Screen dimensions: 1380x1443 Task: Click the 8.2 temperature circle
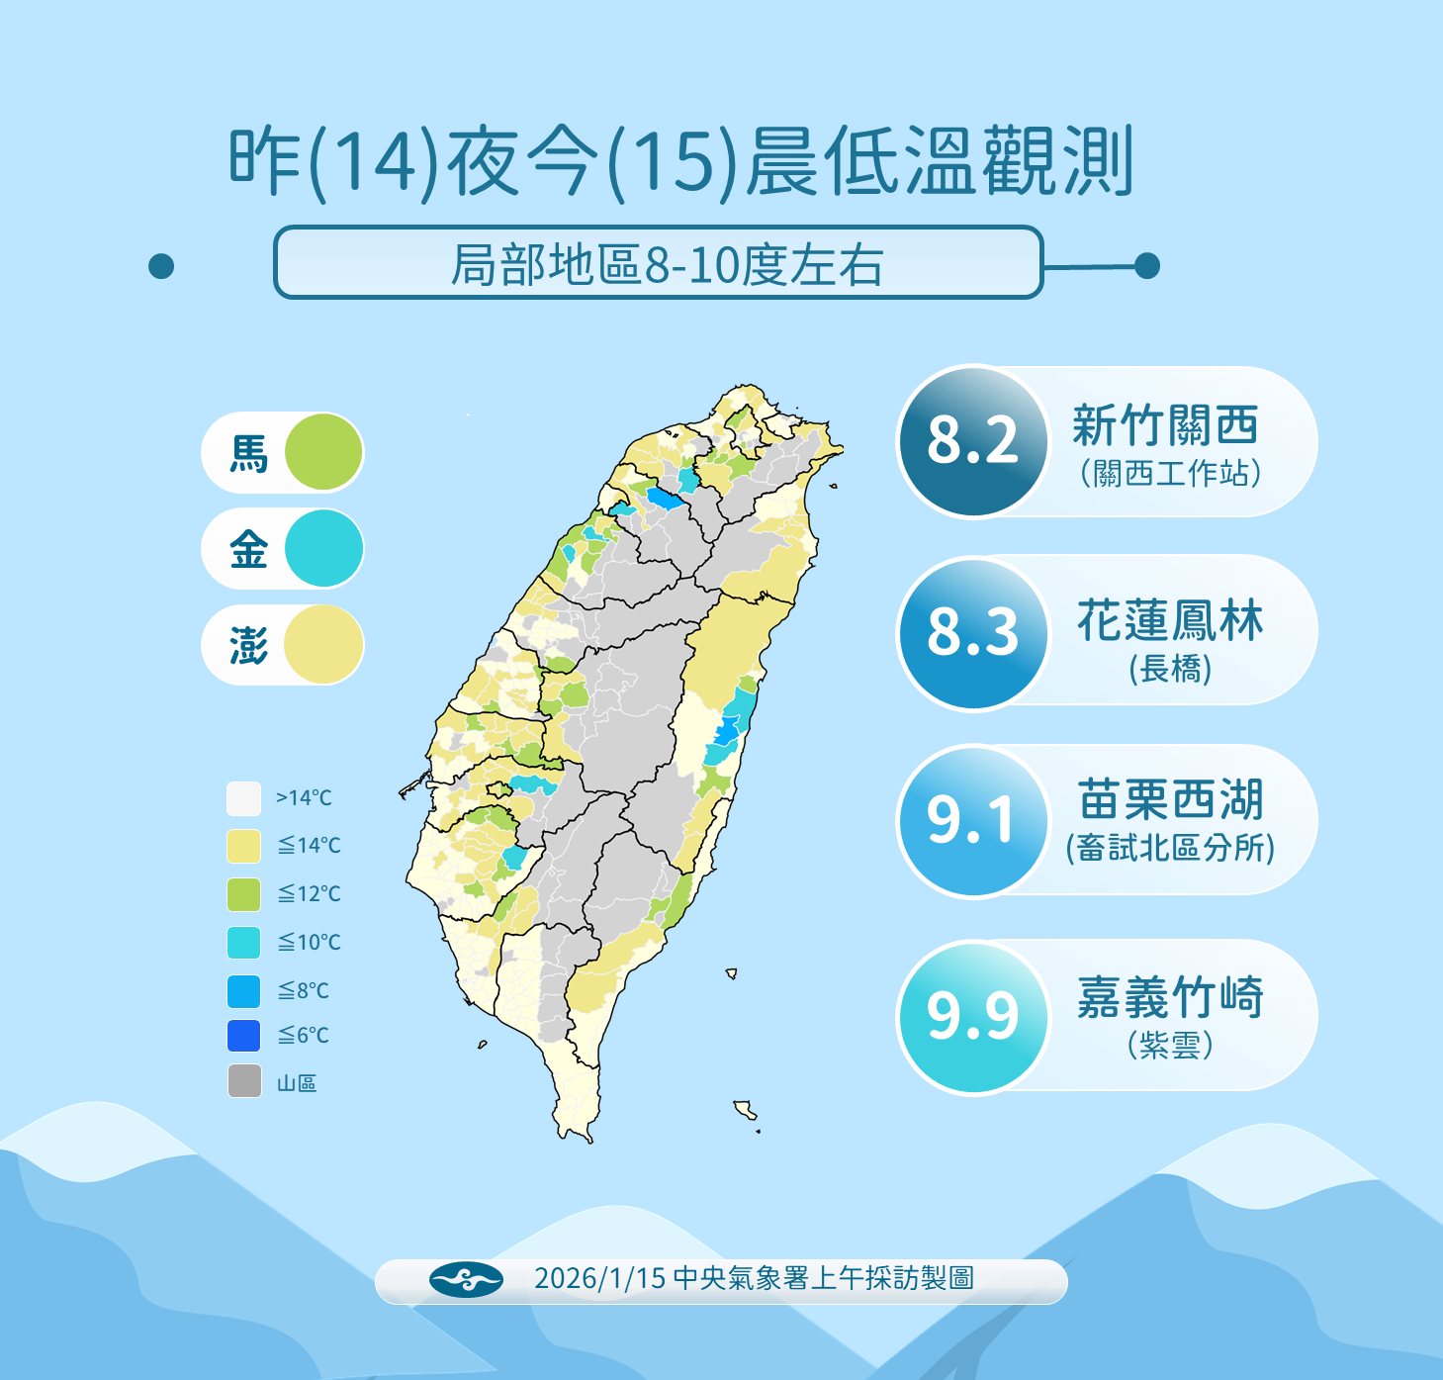click(972, 441)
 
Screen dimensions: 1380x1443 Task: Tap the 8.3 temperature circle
click(972, 633)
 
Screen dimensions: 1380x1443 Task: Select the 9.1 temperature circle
click(972, 821)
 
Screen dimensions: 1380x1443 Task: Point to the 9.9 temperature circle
click(972, 1017)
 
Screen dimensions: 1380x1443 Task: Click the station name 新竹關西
click(1166, 426)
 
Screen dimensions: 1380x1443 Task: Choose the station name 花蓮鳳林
click(1170, 621)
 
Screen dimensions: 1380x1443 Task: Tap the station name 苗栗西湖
click(1170, 800)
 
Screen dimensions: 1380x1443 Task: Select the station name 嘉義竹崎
click(1170, 997)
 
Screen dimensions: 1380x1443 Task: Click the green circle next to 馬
click(323, 452)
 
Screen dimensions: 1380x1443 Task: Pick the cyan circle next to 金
click(323, 548)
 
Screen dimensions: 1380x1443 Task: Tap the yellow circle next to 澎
click(323, 645)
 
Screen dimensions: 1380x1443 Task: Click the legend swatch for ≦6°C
click(243, 1036)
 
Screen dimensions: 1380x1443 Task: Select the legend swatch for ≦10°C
click(243, 943)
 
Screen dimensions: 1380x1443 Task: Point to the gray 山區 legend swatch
click(244, 1081)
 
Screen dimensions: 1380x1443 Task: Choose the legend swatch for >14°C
click(243, 798)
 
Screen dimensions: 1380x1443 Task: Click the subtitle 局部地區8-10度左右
click(667, 265)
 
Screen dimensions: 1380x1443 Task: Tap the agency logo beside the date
click(466, 1280)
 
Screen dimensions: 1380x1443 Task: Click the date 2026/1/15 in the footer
click(599, 1279)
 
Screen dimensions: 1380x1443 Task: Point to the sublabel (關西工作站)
click(1170, 474)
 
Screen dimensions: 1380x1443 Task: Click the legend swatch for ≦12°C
click(243, 894)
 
